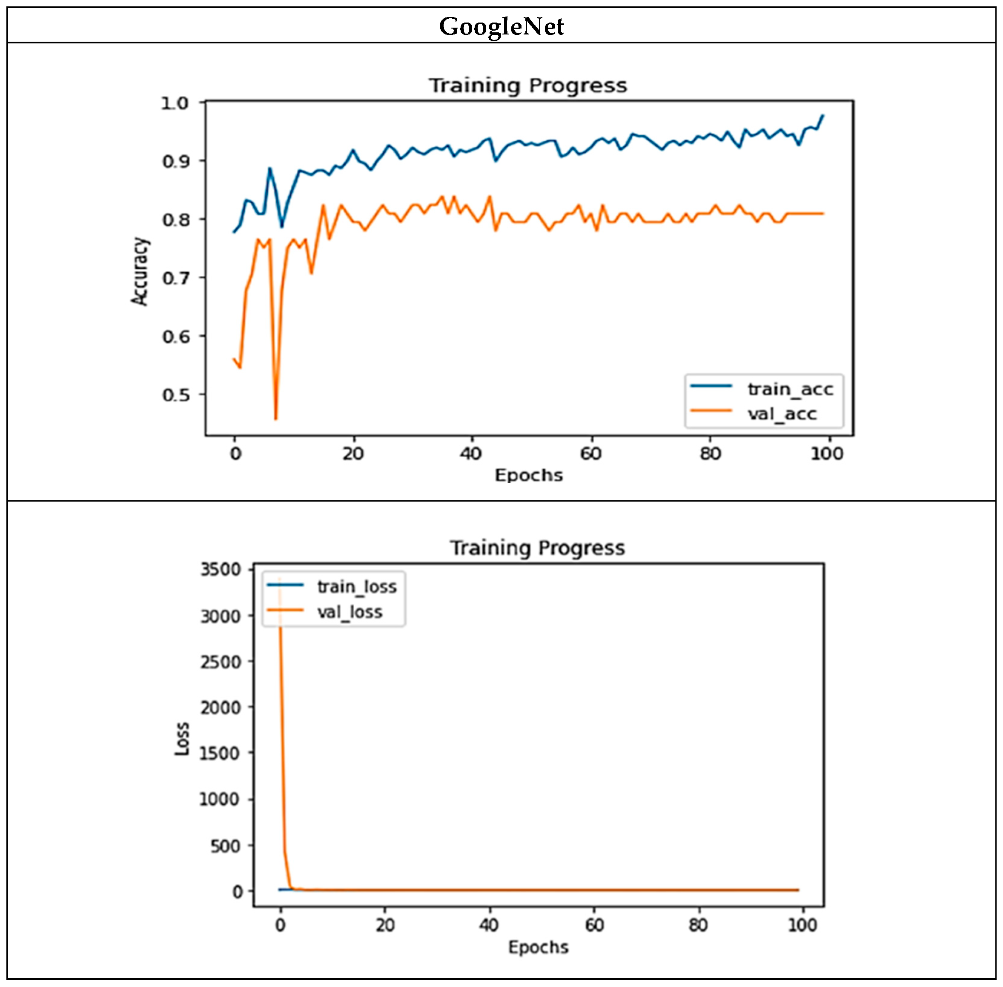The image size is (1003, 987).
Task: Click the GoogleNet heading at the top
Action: (501, 26)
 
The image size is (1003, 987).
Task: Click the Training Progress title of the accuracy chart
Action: (527, 86)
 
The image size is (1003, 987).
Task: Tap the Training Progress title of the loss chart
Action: (537, 548)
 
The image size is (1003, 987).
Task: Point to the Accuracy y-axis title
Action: (140, 271)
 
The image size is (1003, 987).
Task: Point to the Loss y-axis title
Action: (181, 739)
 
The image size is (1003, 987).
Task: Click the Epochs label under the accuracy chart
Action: (528, 475)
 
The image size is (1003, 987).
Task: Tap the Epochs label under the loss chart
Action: (538, 947)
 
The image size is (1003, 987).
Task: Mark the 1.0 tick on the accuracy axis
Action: (174, 103)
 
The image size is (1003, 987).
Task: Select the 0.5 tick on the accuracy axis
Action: (175, 395)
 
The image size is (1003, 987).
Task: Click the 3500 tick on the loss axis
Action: (221, 569)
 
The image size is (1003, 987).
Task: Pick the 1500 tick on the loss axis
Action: (221, 753)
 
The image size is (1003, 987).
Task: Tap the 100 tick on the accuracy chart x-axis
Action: (827, 454)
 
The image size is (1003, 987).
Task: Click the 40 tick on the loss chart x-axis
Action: (489, 925)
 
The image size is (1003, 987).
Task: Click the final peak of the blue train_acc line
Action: (822, 115)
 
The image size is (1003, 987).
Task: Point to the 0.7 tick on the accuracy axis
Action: (175, 278)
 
